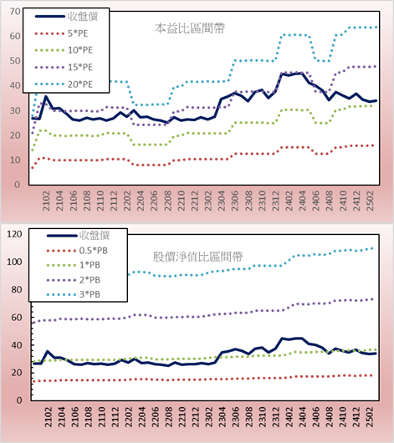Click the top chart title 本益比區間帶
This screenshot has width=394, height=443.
click(x=190, y=28)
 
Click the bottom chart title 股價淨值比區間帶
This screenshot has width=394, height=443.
click(x=197, y=257)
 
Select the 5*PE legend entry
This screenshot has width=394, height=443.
click(x=78, y=33)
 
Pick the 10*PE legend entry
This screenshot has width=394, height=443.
click(x=80, y=50)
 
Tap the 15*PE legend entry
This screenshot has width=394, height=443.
click(x=80, y=67)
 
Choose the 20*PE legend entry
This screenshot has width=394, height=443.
click(x=80, y=84)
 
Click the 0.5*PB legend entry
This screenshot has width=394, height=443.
click(x=94, y=251)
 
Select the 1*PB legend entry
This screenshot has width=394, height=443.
click(x=90, y=265)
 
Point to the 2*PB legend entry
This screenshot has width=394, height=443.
click(x=90, y=280)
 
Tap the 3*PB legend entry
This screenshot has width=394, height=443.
click(x=90, y=294)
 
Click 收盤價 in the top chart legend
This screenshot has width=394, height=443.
click(x=83, y=17)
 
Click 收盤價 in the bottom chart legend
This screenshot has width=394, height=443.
click(x=95, y=235)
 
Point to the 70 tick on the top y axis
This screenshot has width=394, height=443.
click(x=15, y=12)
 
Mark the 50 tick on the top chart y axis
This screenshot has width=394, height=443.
click(x=15, y=61)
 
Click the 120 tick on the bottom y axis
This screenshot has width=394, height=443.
click(x=14, y=234)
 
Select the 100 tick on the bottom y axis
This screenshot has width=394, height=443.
click(x=14, y=262)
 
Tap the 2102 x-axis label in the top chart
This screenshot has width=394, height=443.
click(x=46, y=201)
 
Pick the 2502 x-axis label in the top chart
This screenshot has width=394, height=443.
click(x=370, y=201)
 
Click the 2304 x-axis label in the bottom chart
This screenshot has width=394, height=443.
click(x=222, y=417)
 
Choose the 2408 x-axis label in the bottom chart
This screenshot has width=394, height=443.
click(x=330, y=417)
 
